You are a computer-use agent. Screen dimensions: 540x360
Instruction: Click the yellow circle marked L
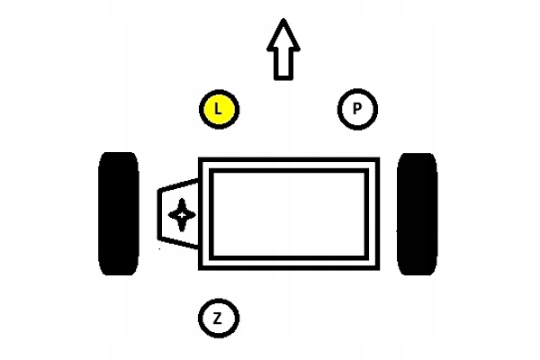pyautogui.click(x=219, y=110)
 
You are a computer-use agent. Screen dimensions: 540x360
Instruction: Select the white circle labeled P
pyautogui.click(x=357, y=110)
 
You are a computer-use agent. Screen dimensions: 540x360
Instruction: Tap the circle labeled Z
pyautogui.click(x=219, y=317)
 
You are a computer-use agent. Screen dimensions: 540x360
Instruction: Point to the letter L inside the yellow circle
pyautogui.click(x=219, y=110)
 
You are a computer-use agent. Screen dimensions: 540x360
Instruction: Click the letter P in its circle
pyautogui.click(x=357, y=110)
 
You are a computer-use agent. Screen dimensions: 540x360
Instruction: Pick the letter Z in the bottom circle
pyautogui.click(x=219, y=317)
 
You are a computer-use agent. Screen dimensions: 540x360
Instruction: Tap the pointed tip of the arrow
pyautogui.click(x=283, y=22)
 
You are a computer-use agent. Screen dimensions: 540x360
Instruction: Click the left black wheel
pyautogui.click(x=118, y=213)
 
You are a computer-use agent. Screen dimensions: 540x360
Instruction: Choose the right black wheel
pyautogui.click(x=417, y=213)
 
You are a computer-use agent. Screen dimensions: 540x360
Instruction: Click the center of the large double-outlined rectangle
pyautogui.click(x=289, y=213)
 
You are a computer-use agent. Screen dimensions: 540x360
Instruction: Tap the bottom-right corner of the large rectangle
pyautogui.click(x=378, y=266)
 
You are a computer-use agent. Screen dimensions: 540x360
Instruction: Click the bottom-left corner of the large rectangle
pyautogui.click(x=201, y=266)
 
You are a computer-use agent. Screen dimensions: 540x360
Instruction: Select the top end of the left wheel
pyautogui.click(x=118, y=156)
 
